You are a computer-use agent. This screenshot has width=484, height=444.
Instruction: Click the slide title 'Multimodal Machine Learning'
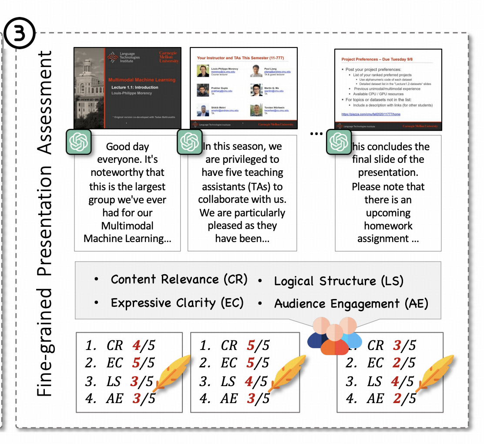(142, 80)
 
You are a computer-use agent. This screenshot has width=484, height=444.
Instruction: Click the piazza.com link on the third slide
(371, 114)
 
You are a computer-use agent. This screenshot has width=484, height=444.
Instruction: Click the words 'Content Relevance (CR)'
(179, 279)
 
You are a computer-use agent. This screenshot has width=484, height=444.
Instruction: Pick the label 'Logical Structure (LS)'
(339, 281)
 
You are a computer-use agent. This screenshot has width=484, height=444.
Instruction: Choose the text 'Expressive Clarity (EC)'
(177, 303)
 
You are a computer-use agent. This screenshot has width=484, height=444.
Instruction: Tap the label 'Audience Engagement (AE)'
(351, 303)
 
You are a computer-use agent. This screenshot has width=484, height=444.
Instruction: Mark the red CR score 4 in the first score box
(136, 346)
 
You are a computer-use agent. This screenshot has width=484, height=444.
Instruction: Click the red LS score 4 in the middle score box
(249, 381)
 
